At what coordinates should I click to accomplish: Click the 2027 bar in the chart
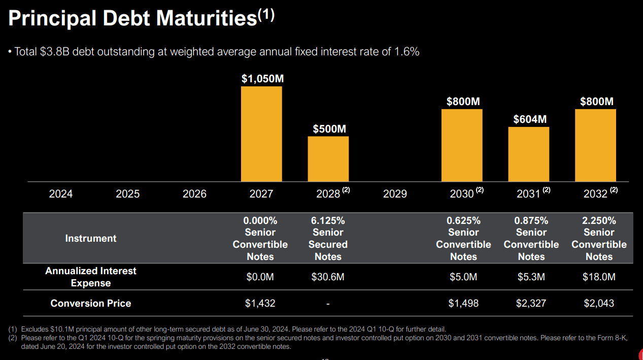[261, 134]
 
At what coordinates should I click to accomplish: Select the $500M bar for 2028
[328, 159]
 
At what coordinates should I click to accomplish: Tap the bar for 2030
[462, 145]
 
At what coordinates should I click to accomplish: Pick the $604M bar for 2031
[528, 154]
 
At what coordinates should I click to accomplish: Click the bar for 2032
[595, 145]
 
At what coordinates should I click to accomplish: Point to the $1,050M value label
[262, 79]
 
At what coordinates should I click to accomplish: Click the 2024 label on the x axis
[60, 194]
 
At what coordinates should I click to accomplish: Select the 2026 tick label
[194, 194]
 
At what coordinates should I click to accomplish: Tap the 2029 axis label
[395, 194]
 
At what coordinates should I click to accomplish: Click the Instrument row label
[91, 238]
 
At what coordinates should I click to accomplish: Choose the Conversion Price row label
[91, 303]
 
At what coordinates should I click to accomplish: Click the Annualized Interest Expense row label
[91, 277]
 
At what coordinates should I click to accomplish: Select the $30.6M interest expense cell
[328, 277]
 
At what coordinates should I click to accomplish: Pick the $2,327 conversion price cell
[531, 303]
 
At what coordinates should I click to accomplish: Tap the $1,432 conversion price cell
[260, 303]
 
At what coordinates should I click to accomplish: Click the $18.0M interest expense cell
[599, 277]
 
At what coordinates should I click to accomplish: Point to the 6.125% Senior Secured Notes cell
[328, 238]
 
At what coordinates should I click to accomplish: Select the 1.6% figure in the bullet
[407, 51]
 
